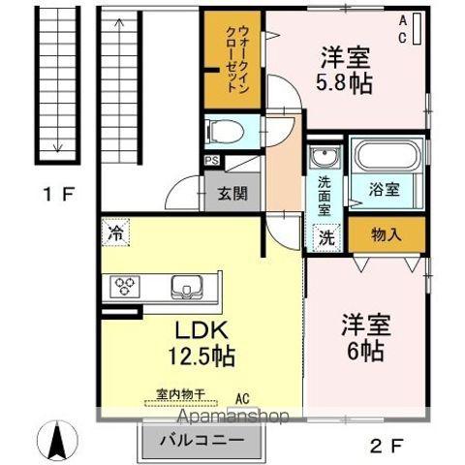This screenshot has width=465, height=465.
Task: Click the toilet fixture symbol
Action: (x=226, y=132)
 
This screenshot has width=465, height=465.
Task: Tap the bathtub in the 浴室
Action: (x=387, y=156)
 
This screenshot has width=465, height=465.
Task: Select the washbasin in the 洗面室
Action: (x=325, y=157)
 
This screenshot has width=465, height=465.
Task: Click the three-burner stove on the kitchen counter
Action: (x=125, y=286)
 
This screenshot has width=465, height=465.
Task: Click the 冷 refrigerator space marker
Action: (x=115, y=232)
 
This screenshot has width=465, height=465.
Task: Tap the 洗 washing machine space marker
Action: (x=326, y=237)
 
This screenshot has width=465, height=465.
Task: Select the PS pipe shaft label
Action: (x=212, y=161)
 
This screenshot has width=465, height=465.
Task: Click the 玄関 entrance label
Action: (x=232, y=194)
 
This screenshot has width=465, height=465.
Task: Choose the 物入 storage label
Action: (x=387, y=234)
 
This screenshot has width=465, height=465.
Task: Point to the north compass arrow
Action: (x=57, y=441)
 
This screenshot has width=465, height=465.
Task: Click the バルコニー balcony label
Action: (x=202, y=440)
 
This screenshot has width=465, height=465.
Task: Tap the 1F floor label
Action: (x=59, y=194)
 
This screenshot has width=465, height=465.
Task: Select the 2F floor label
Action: (x=387, y=447)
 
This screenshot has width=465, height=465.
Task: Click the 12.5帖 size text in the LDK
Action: (x=201, y=356)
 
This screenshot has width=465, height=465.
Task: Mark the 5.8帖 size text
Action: (x=344, y=83)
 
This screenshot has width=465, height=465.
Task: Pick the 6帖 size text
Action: (x=365, y=351)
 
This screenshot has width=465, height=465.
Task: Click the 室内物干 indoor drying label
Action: (x=181, y=394)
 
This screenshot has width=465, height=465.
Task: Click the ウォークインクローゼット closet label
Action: (x=237, y=60)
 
